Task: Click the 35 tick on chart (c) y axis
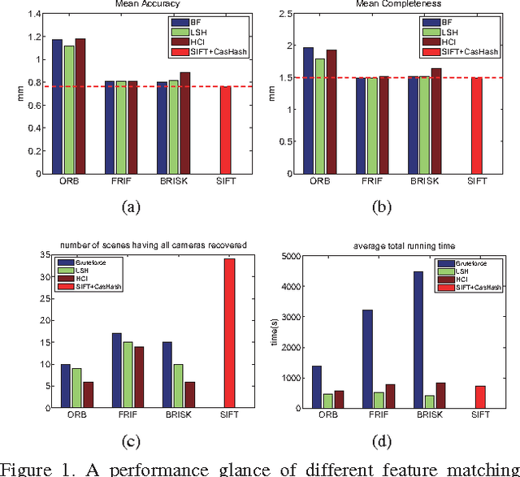(x=37, y=256)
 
